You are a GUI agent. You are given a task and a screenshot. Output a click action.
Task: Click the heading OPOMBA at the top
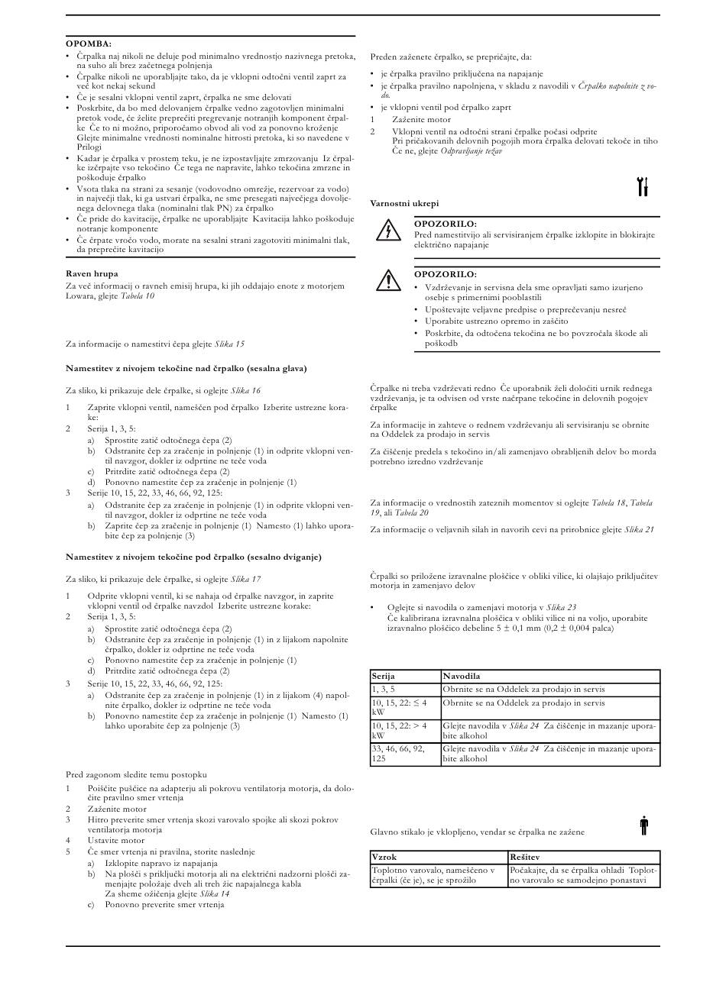[89, 44]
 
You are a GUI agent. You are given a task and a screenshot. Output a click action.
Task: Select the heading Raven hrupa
[92, 273]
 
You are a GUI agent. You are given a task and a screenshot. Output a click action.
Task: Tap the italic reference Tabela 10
[137, 296]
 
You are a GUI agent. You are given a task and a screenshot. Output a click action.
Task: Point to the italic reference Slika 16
[245, 390]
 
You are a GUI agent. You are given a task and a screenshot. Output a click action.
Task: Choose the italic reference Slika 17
[245, 579]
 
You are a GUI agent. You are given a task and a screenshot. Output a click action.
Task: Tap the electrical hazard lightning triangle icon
[388, 231]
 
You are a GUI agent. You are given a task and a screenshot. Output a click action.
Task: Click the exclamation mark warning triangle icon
[388, 280]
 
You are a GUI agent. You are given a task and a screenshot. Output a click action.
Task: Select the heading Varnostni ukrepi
[404, 203]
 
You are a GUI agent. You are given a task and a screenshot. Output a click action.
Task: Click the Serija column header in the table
[384, 677]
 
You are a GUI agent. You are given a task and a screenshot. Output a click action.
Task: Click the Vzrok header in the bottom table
[384, 858]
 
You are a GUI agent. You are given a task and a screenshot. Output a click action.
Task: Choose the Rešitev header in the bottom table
[526, 858]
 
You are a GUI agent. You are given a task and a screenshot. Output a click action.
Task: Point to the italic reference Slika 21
[639, 529]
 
